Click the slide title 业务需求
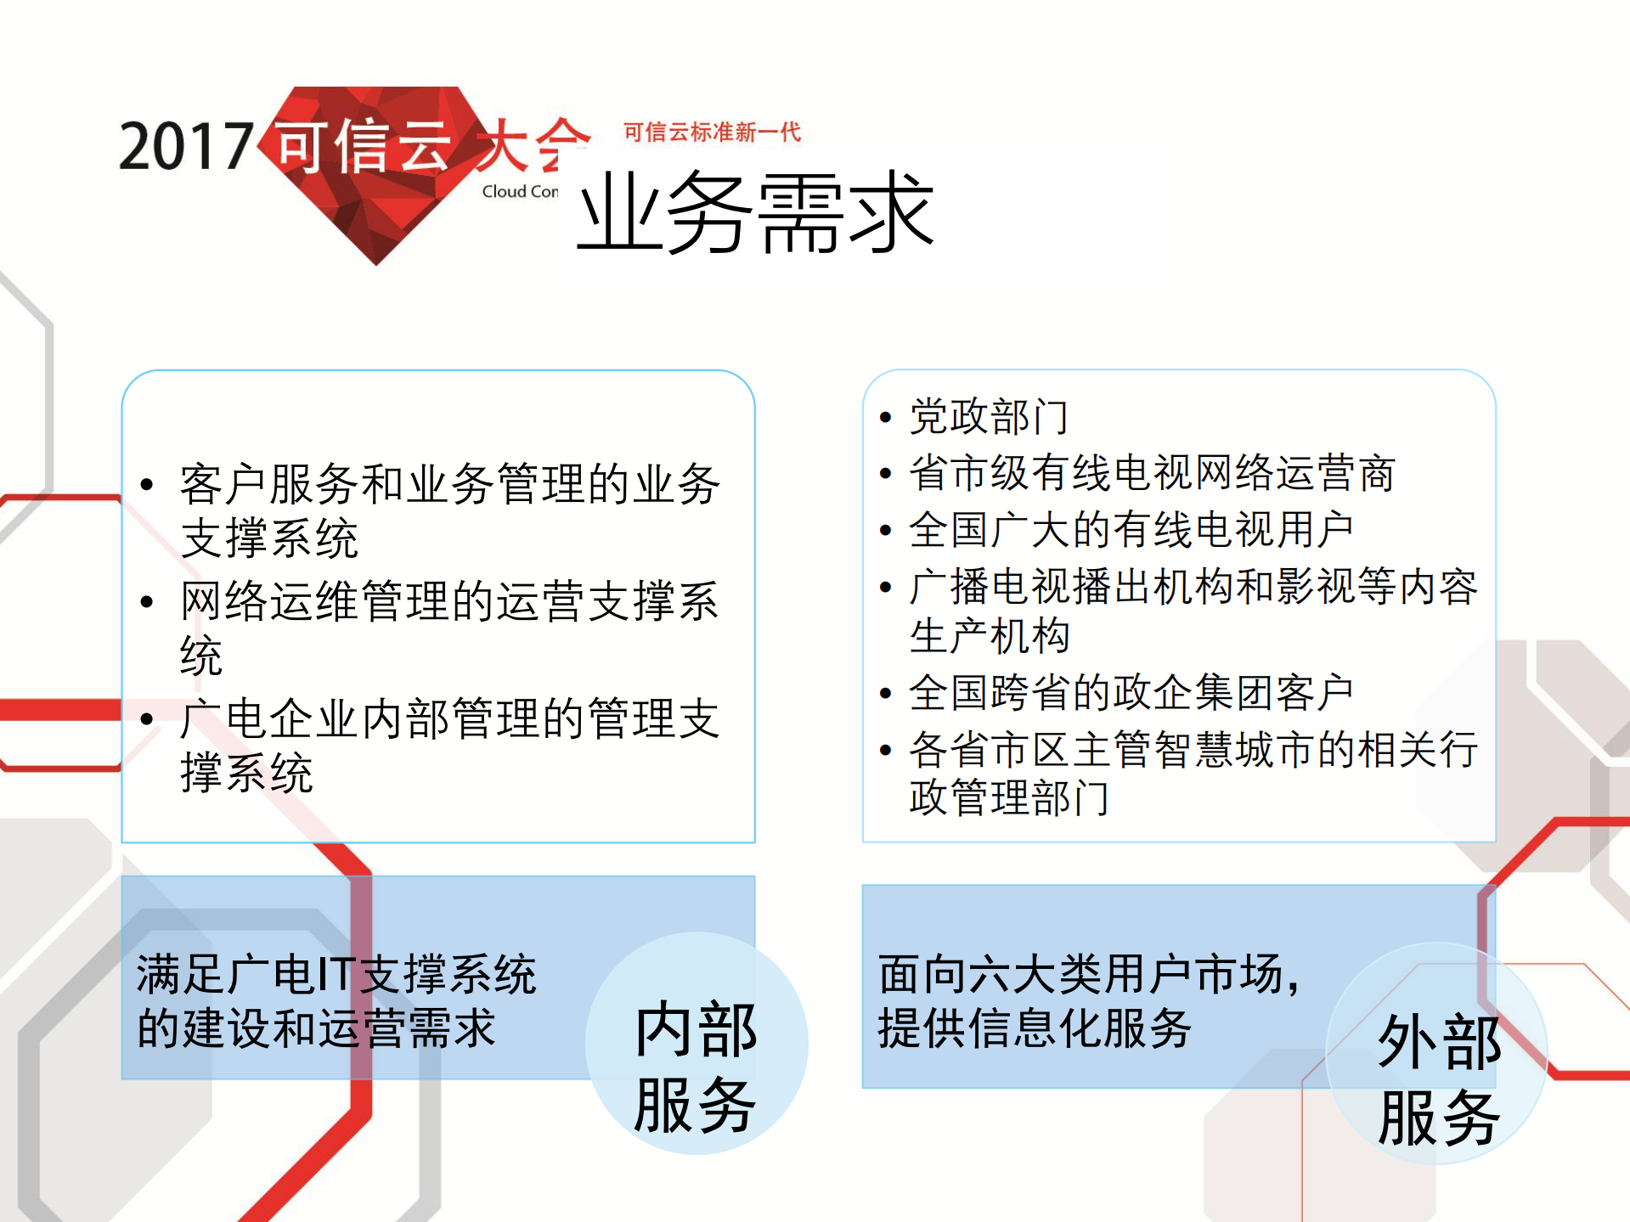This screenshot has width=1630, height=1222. tap(755, 212)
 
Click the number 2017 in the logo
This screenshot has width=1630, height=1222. tap(186, 146)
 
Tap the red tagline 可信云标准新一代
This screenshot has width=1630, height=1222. tap(712, 132)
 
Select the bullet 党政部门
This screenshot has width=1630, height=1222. tap(988, 417)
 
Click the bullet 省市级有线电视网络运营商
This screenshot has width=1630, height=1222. tap(1152, 473)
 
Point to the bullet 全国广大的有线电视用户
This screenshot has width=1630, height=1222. tap(1131, 530)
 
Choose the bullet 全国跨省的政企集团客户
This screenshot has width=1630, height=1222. tap(1131, 693)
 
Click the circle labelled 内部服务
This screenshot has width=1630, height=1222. tap(696, 1043)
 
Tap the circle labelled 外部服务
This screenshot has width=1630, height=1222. tap(1437, 1053)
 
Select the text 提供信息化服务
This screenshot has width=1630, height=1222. tap(1034, 1028)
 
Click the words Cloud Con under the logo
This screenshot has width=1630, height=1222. tap(520, 192)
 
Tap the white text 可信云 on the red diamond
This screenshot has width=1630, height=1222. tap(364, 146)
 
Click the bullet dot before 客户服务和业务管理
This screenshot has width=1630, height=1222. tap(147, 485)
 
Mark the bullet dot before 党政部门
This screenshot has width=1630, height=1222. tap(885, 418)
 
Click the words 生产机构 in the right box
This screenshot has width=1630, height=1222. tap(989, 636)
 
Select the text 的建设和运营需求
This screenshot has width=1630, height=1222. tap(316, 1028)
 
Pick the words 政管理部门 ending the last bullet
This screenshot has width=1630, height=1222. tap(1008, 798)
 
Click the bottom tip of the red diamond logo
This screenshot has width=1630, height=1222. tap(376, 262)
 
